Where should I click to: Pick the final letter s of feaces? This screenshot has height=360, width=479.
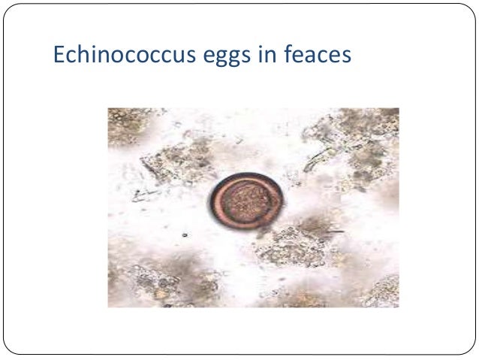(346, 56)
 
